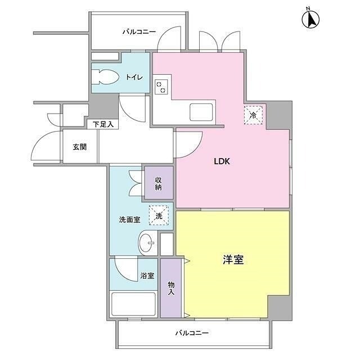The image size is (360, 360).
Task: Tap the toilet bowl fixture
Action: [105, 77]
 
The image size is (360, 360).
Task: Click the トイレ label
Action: [134, 78]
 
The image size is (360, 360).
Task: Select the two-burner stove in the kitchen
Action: [161, 87]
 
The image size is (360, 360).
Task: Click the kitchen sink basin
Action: [201, 112]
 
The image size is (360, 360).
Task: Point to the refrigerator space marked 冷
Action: [253, 115]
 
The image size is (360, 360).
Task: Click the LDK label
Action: [222, 161]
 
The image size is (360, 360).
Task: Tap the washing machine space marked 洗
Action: [159, 215]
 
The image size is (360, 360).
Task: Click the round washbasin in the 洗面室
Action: [147, 242]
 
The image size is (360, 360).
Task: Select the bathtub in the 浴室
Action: [133, 304]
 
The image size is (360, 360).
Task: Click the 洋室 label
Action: [233, 260]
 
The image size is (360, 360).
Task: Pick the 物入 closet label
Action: [171, 289]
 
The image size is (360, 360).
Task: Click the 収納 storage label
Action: [158, 183]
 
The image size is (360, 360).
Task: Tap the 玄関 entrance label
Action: [80, 147]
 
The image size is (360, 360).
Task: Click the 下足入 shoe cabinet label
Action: [103, 124]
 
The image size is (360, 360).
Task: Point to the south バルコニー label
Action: [192, 332]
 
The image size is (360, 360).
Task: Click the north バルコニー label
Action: [139, 31]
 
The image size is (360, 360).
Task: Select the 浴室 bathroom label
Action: [147, 276]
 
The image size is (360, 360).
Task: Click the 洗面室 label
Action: [129, 220]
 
